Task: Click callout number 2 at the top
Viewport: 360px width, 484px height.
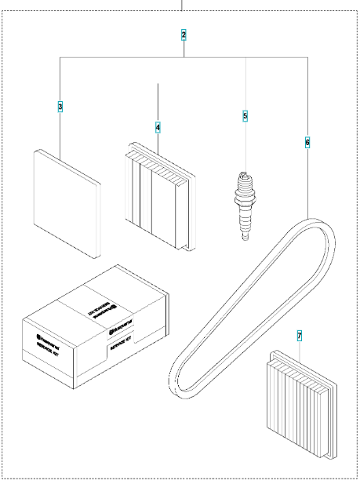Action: point(184,35)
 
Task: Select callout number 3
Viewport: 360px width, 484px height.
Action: point(60,105)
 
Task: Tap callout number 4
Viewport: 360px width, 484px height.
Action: point(158,126)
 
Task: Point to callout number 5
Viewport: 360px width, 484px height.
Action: point(245,116)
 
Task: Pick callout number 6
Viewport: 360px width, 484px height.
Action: point(307,142)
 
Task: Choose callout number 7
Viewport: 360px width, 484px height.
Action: point(300,335)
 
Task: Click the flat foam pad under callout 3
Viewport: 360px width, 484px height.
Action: point(67,202)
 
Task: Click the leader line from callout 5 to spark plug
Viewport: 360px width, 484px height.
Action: point(245,145)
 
